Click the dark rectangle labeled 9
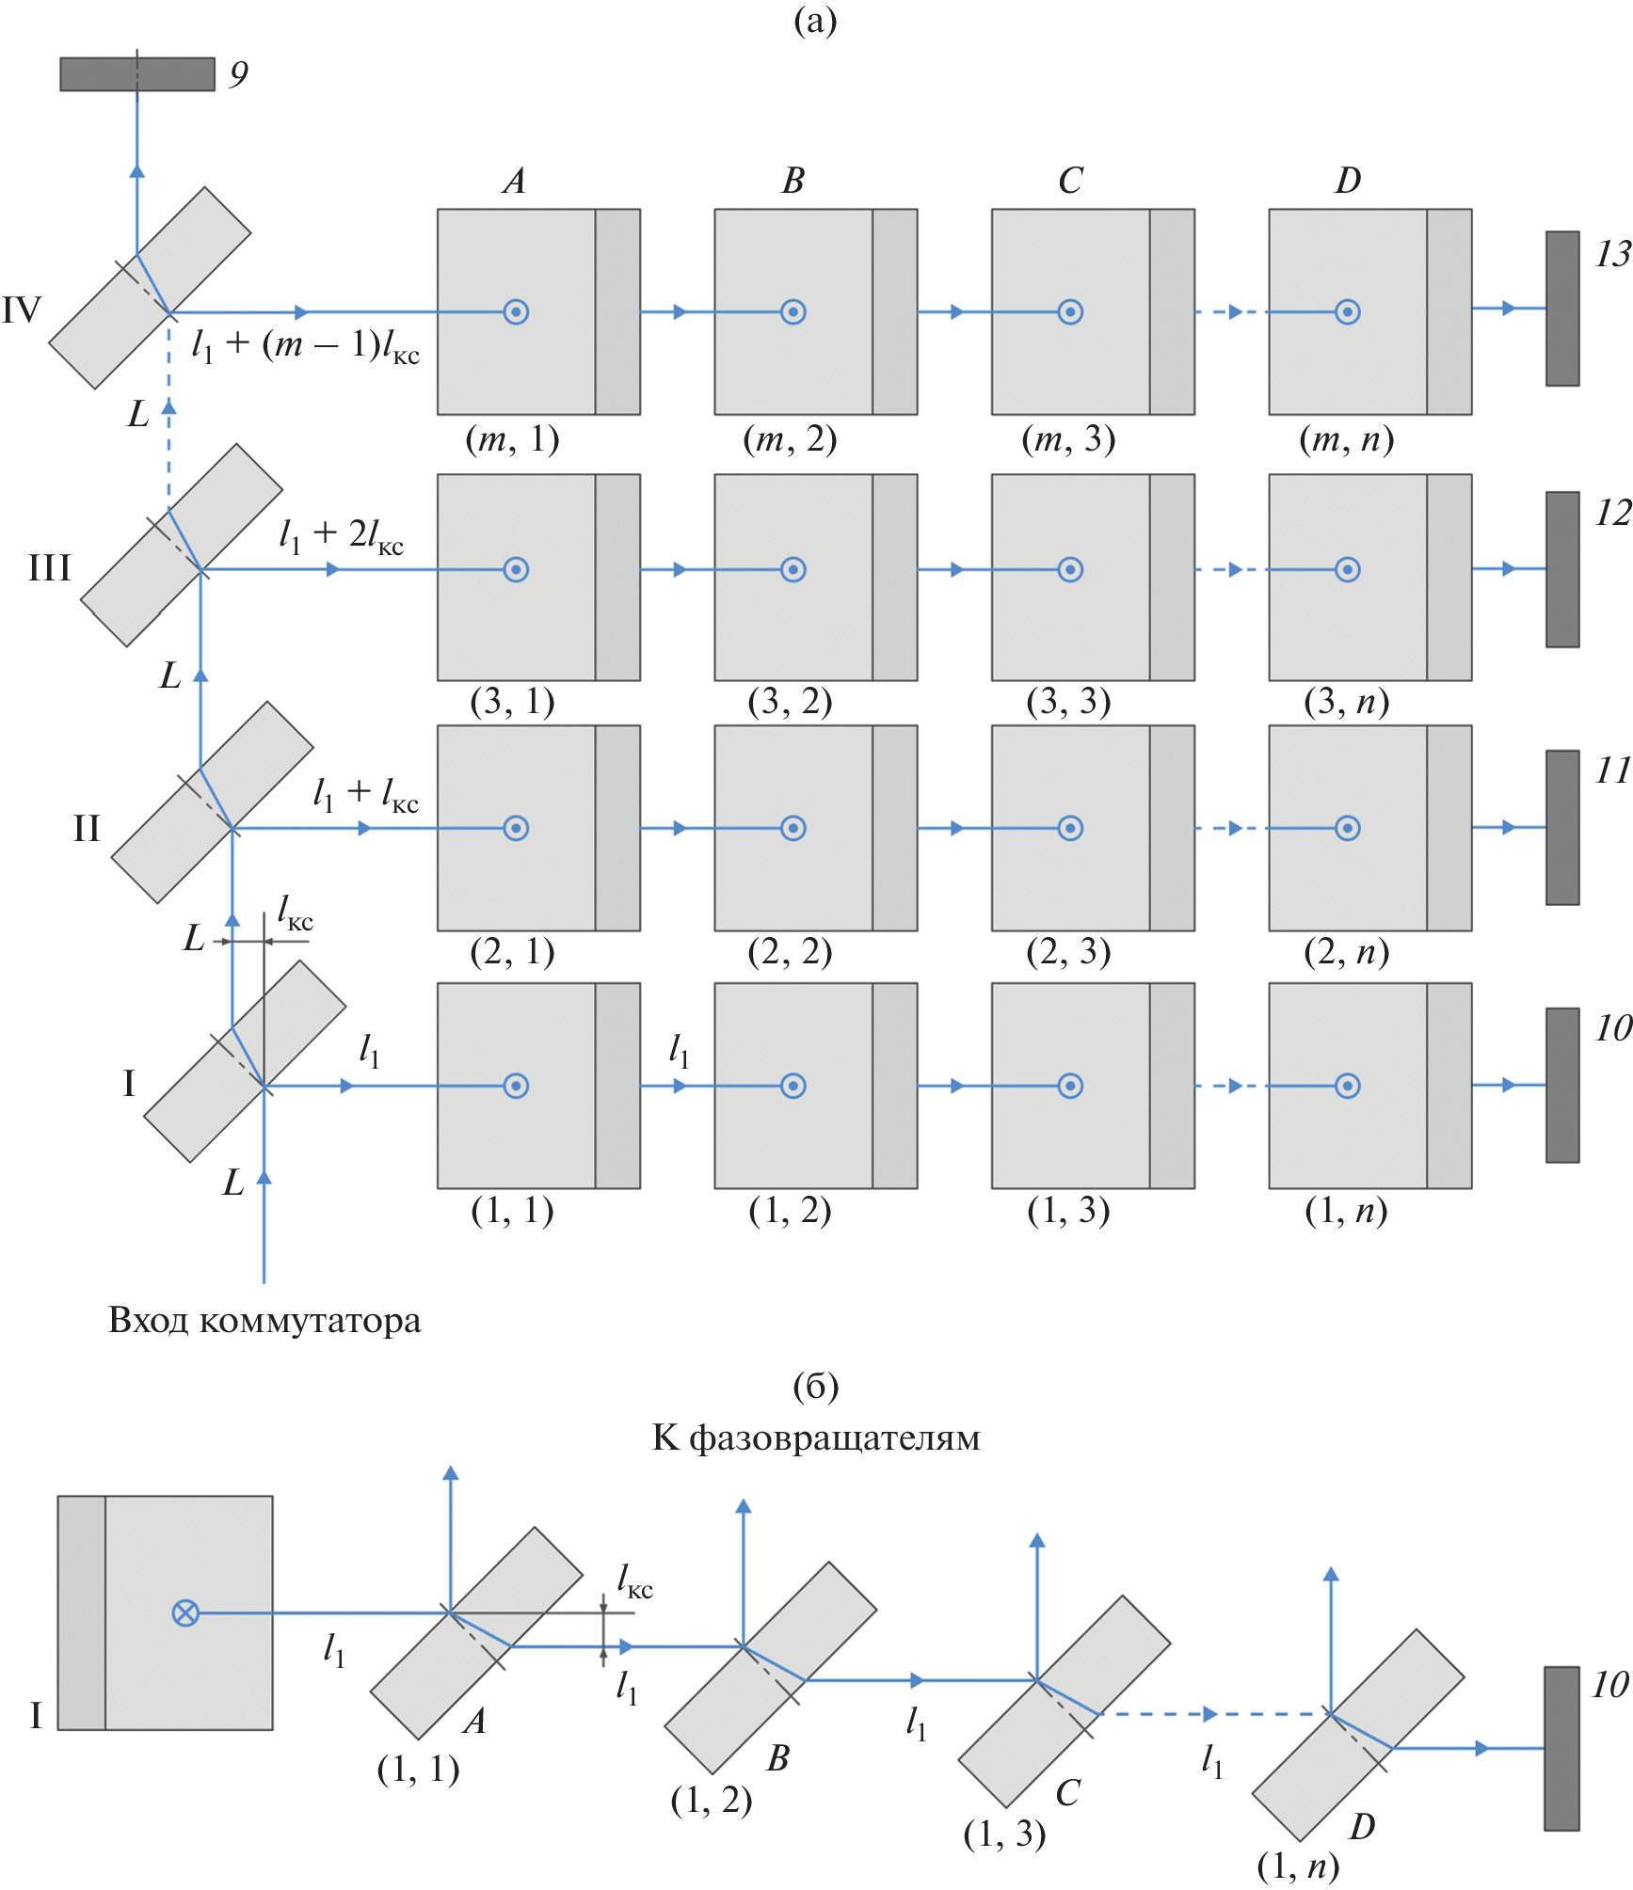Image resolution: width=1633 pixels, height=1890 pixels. tap(137, 74)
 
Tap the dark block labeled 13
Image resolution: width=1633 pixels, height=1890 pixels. tap(1561, 309)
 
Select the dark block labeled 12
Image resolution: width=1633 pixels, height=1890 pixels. tap(1561, 569)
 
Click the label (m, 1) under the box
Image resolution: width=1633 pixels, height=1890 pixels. tap(512, 439)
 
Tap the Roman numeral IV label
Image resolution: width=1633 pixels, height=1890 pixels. tap(22, 310)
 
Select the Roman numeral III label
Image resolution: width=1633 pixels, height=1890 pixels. tap(50, 568)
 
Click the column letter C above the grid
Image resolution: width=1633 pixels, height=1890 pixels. tap(1070, 181)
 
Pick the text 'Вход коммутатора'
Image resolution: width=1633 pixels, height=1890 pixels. tap(264, 1321)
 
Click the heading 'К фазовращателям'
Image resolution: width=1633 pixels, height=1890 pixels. tap(816, 1437)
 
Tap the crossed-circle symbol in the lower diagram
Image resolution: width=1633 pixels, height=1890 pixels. tap(185, 1613)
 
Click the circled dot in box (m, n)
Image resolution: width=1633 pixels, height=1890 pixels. tap(1347, 311)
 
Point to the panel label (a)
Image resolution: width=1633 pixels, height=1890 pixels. tap(815, 20)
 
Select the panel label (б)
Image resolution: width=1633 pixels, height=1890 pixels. tap(815, 1386)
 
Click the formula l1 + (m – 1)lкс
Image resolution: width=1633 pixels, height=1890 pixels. tap(305, 345)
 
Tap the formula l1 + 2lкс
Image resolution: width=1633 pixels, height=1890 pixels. tap(341, 535)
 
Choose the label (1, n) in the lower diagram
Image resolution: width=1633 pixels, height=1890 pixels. tap(1298, 1866)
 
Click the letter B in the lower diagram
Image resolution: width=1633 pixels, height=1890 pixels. tap(777, 1757)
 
